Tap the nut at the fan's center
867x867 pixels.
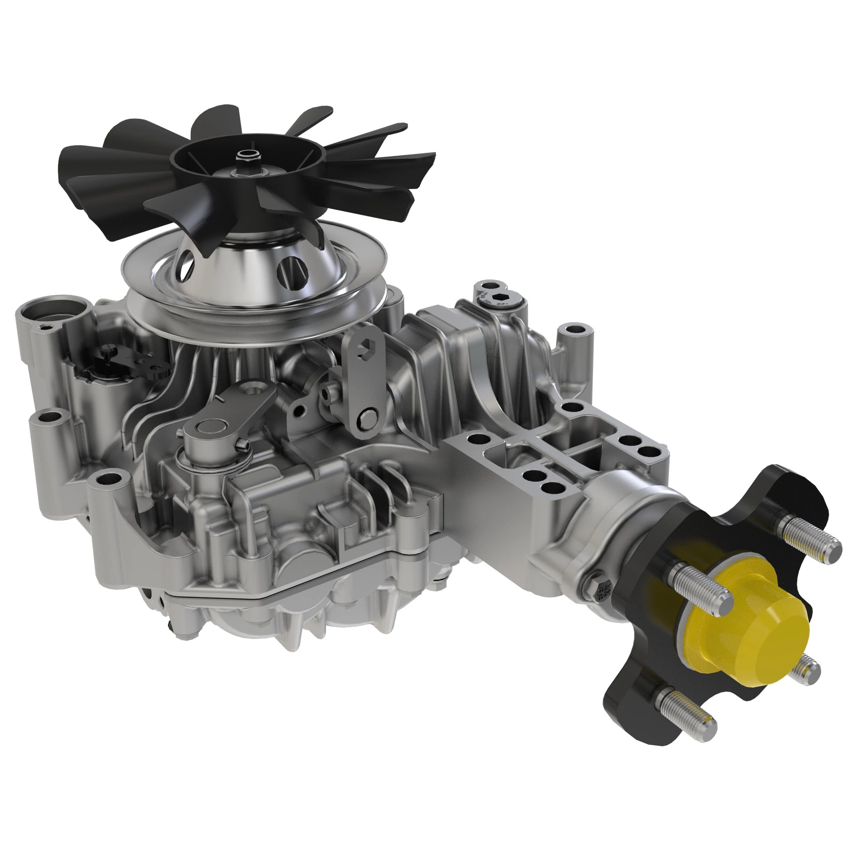tap(245, 156)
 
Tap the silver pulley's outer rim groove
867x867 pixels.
tap(251, 321)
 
